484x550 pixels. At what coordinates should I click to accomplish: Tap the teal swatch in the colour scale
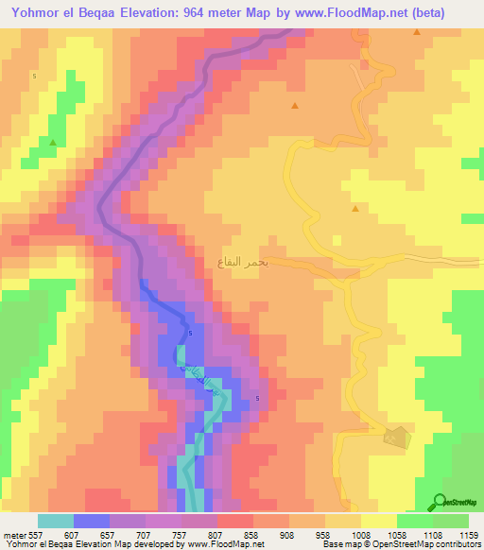[55, 521]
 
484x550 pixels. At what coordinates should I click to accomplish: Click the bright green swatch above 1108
[414, 521]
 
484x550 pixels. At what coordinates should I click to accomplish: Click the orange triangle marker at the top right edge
[417, 32]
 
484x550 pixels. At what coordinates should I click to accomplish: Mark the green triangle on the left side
[53, 143]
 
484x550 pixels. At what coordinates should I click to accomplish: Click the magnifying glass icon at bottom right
[441, 502]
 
